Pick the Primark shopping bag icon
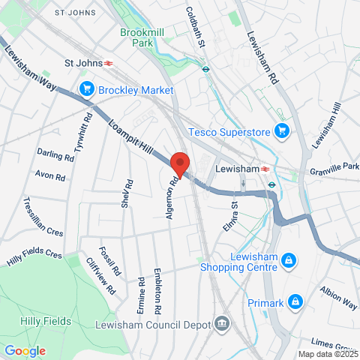(296, 303)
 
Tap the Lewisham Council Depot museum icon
(222, 324)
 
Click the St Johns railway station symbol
(109, 63)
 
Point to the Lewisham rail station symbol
(265, 169)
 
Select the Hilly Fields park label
(36, 321)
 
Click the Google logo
(25, 350)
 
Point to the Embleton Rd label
(157, 291)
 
